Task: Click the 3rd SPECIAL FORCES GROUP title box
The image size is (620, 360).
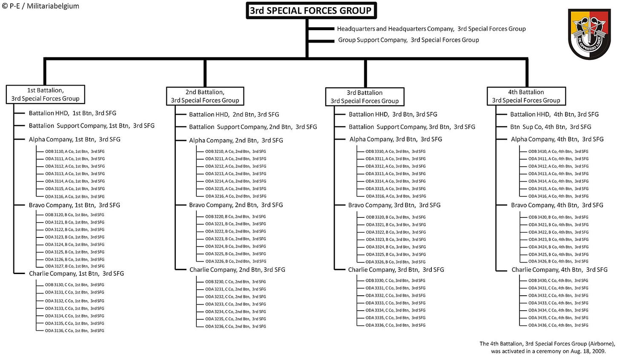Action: pyautogui.click(x=311, y=11)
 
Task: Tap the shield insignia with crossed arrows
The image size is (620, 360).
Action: pyautogui.click(x=589, y=34)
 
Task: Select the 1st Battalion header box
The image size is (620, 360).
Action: pyautogui.click(x=46, y=94)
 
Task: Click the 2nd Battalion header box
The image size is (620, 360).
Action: pyautogui.click(x=205, y=96)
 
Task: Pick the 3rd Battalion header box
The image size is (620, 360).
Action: pyautogui.click(x=365, y=97)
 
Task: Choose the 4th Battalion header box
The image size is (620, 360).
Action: pyautogui.click(x=526, y=96)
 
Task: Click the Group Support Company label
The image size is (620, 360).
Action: pyautogui.click(x=408, y=40)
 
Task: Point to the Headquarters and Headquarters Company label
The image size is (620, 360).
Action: pyautogui.click(x=431, y=29)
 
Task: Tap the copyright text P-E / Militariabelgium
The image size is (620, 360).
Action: pyautogui.click(x=40, y=6)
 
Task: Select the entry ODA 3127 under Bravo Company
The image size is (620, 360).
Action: pyautogui.click(x=75, y=266)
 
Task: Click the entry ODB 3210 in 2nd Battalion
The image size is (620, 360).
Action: pyautogui.click(x=235, y=151)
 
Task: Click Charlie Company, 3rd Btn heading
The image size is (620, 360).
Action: pyautogui.click(x=396, y=270)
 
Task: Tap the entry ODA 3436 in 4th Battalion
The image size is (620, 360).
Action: pyautogui.click(x=558, y=325)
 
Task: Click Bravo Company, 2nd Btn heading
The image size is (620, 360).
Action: pyautogui.click(x=236, y=205)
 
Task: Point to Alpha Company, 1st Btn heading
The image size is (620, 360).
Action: pyautogui.click(x=75, y=139)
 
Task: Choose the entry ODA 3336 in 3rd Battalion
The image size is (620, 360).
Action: pyautogui.click(x=395, y=325)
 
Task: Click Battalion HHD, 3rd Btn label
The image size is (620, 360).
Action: pyautogui.click(x=393, y=114)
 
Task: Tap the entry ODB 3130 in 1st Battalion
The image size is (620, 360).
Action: pyautogui.click(x=75, y=285)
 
